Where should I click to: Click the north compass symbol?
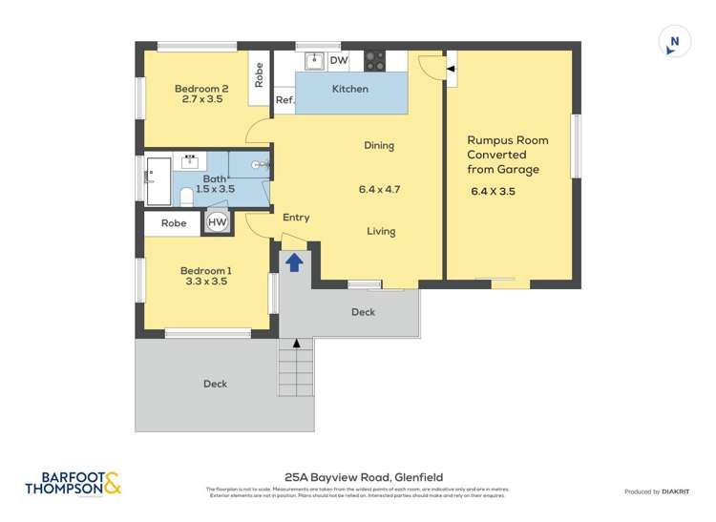pyautogui.click(x=675, y=42)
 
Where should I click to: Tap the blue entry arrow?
pyautogui.click(x=295, y=261)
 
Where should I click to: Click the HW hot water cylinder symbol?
pyautogui.click(x=218, y=222)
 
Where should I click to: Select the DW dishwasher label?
pyautogui.click(x=338, y=61)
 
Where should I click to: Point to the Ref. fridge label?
pyautogui.click(x=284, y=99)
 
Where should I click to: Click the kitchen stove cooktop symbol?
pyautogui.click(x=374, y=61)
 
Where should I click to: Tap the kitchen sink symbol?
pyautogui.click(x=314, y=61)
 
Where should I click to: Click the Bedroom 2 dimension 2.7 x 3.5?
pyautogui.click(x=201, y=98)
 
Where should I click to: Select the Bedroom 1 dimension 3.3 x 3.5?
pyautogui.click(x=205, y=282)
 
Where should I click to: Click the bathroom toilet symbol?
pyautogui.click(x=187, y=197)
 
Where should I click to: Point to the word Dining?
pyautogui.click(x=379, y=146)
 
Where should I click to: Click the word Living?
pyautogui.click(x=381, y=231)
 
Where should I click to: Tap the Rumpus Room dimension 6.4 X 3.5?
pyautogui.click(x=493, y=191)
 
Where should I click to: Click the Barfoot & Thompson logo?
pyautogui.click(x=74, y=484)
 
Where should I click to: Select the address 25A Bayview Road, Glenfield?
pyautogui.click(x=364, y=477)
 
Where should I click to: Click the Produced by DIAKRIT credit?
pyautogui.click(x=658, y=491)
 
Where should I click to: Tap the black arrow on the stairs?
pyautogui.click(x=296, y=343)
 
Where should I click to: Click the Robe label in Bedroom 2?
pyautogui.click(x=259, y=74)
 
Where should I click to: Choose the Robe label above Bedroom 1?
pyautogui.click(x=174, y=223)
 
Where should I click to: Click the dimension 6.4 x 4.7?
pyautogui.click(x=379, y=189)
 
